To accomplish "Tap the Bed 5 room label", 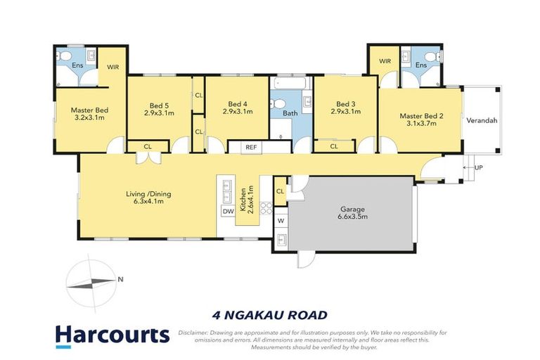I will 159,106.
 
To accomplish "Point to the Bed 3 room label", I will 345,106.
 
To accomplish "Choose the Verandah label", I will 482,120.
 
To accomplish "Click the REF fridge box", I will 251,147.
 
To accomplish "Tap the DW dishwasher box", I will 227,211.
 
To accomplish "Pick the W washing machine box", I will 281,220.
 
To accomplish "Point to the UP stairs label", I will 480,168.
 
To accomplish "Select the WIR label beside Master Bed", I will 112,67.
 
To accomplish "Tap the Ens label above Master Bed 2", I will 420,65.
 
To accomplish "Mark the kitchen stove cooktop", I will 267,207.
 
